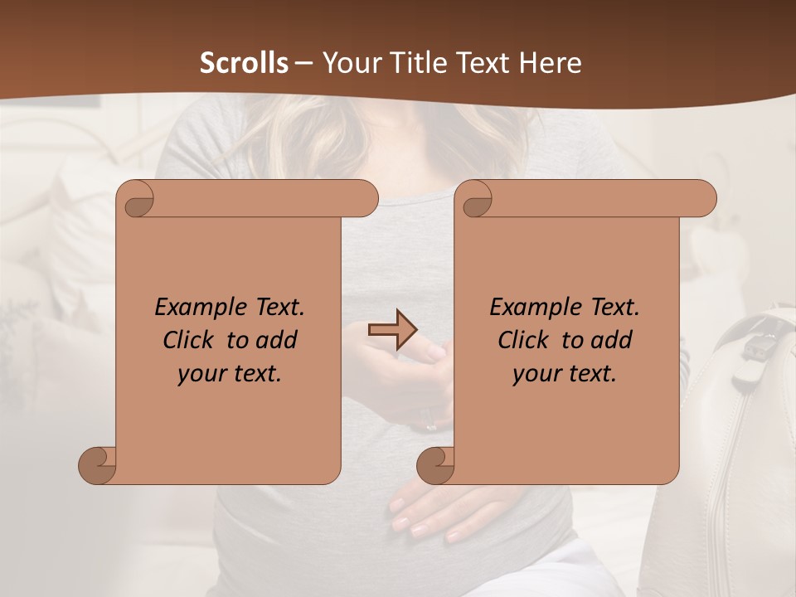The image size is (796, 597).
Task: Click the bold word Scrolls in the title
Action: click(x=245, y=63)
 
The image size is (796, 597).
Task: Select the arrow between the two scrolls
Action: click(x=392, y=329)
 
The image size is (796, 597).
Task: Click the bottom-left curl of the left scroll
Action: click(x=98, y=466)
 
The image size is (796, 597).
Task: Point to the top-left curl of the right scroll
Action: click(x=476, y=200)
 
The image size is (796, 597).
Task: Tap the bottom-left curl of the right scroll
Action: click(x=436, y=466)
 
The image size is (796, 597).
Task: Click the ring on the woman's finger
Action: click(x=431, y=426)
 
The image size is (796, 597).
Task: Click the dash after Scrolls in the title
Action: click(x=303, y=63)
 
